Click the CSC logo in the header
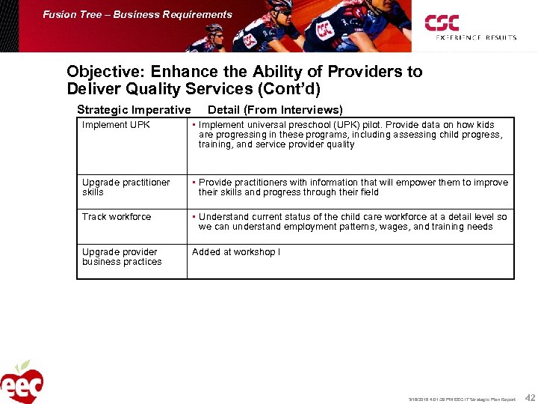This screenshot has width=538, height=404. click(442, 22)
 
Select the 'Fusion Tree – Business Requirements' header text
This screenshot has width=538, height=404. click(137, 14)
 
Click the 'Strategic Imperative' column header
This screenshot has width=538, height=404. click(134, 110)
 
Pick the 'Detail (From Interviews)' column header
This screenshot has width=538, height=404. click(275, 110)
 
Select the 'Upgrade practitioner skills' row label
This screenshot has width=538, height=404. click(126, 187)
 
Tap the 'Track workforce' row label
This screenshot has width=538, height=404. click(117, 217)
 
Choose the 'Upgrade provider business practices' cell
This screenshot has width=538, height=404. click(122, 257)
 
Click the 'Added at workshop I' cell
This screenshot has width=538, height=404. click(236, 252)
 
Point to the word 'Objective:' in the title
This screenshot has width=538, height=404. click(105, 72)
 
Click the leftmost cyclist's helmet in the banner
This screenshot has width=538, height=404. click(214, 30)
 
